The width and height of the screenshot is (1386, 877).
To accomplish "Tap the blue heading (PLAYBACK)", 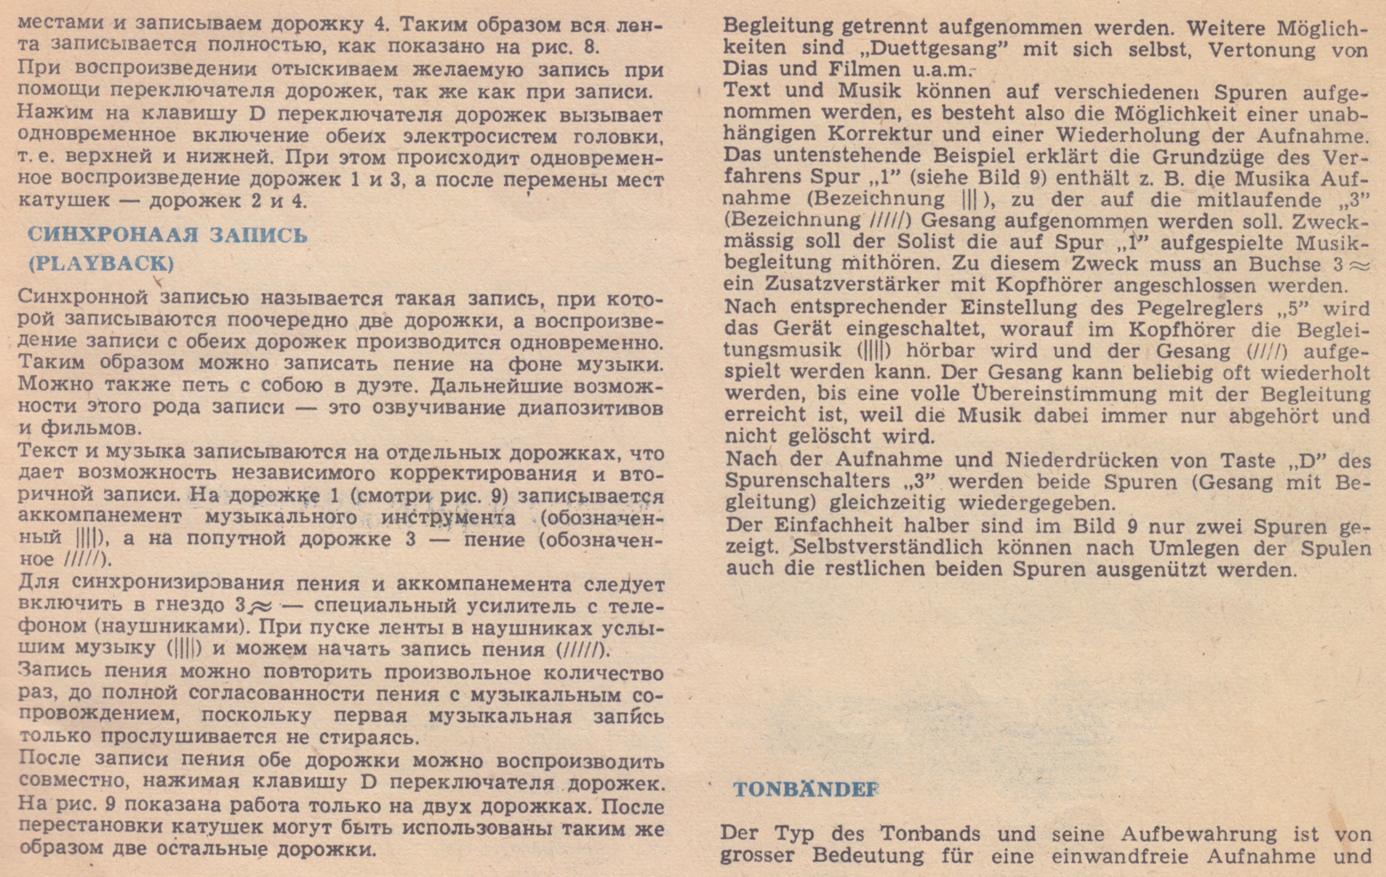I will coord(101,263).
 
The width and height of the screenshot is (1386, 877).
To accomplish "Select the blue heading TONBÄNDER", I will coord(806,789).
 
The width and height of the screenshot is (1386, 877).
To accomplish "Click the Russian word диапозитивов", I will coord(590,407).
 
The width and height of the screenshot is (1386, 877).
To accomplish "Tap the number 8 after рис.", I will coord(589,47).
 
